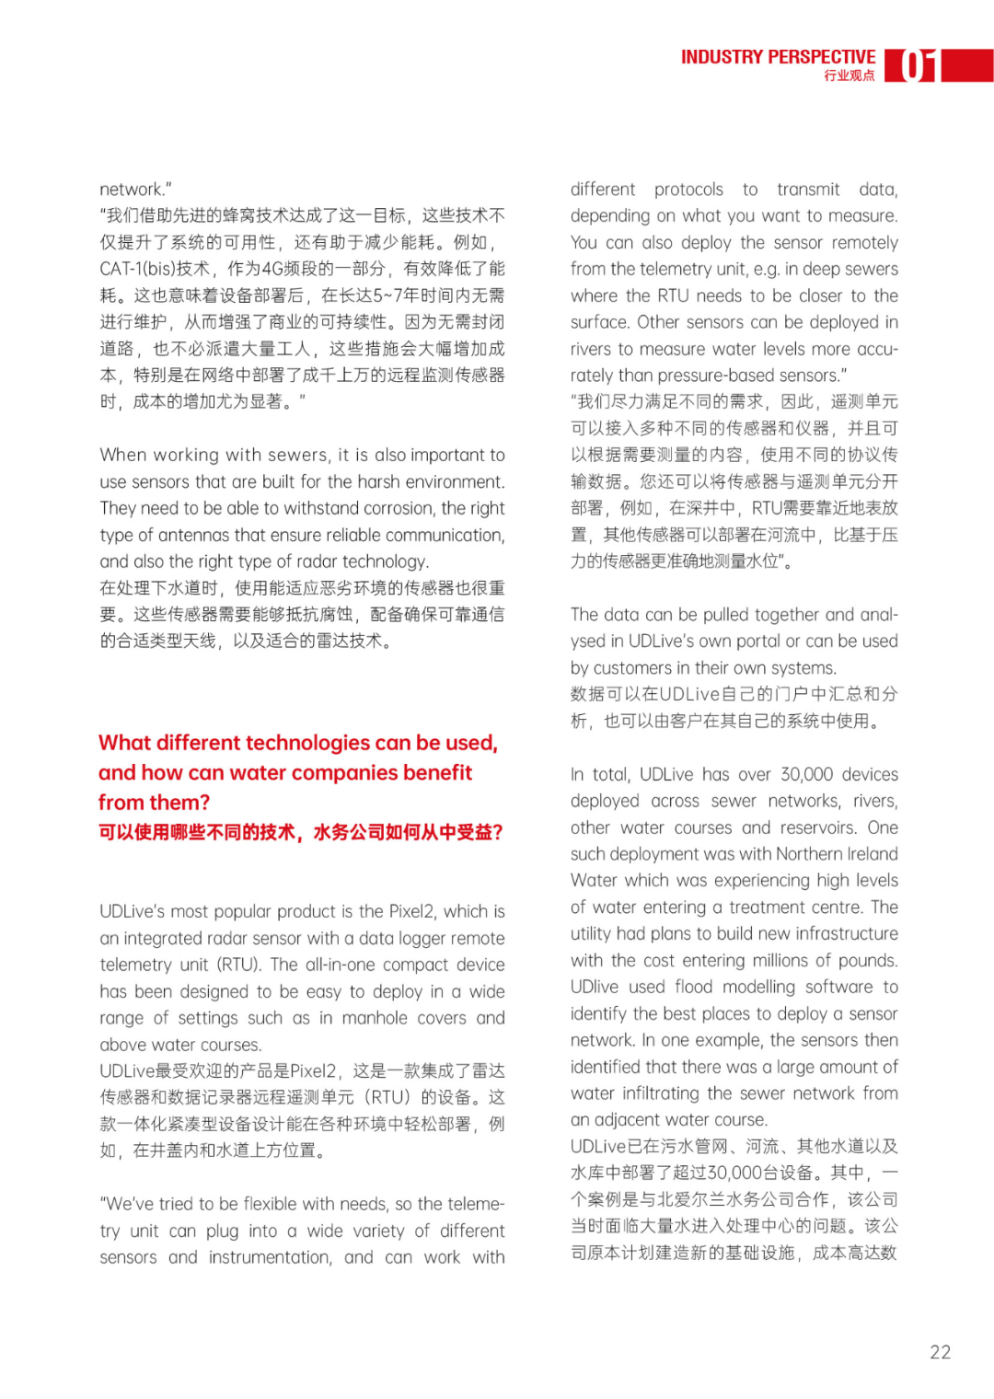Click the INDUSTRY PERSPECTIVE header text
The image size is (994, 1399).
[778, 57]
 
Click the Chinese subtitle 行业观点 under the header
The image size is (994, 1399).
[850, 75]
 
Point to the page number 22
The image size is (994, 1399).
[940, 1352]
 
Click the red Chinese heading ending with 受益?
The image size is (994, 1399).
[301, 832]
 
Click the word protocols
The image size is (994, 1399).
[688, 190]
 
